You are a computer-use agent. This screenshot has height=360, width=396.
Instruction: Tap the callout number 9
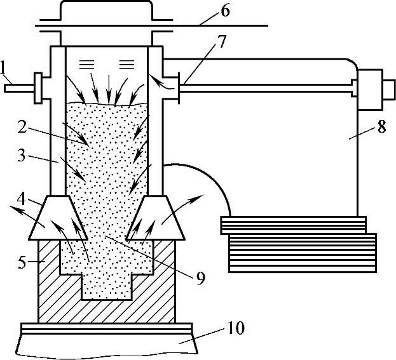point(200,278)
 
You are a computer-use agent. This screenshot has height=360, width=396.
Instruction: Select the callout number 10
point(236,329)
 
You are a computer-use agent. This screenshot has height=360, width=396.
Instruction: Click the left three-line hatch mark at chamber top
point(86,62)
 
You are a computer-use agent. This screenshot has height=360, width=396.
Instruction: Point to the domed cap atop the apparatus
point(106,13)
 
